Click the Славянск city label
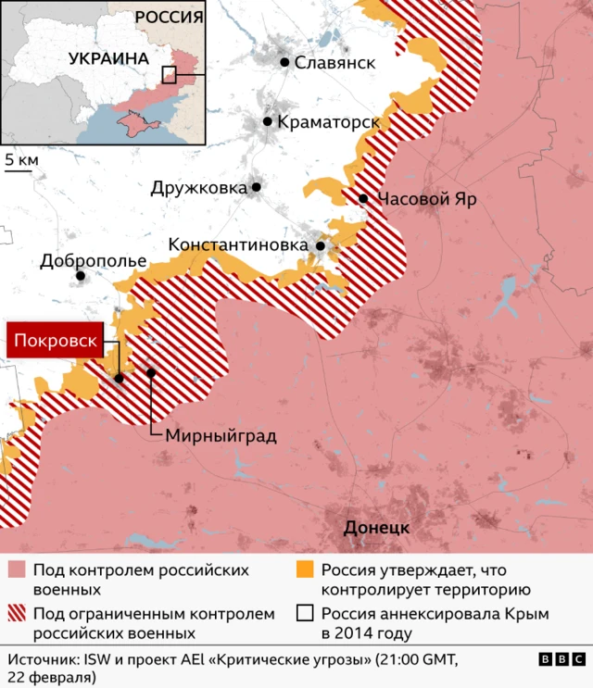(334, 63)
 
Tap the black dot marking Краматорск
(267, 121)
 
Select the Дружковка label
(199, 188)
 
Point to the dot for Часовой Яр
(363, 199)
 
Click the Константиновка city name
(239, 245)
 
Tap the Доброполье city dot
(81, 276)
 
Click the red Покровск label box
(55, 342)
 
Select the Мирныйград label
(221, 435)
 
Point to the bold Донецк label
(376, 529)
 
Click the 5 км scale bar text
(21, 160)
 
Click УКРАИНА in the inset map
(108, 57)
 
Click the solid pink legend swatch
(17, 569)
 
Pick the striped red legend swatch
(17, 614)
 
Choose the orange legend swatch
(305, 569)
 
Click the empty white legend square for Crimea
(305, 614)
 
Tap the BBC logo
(560, 659)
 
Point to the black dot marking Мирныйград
(152, 372)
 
